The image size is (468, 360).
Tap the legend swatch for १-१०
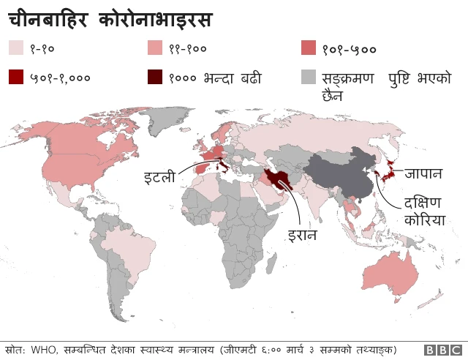tap(16, 48)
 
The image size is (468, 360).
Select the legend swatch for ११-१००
tap(156, 48)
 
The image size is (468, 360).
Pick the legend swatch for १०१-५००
tap(309, 48)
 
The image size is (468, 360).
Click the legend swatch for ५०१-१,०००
tap(16, 77)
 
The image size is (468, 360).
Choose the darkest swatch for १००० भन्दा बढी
tap(156, 77)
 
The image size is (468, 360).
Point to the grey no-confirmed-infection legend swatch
tap(309, 77)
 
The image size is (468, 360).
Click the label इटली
tap(160, 176)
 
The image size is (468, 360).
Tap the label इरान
tap(302, 236)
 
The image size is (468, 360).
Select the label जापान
tap(423, 174)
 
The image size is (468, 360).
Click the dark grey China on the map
tap(340, 173)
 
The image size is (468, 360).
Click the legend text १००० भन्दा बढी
tap(214, 77)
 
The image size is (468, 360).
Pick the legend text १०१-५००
tap(349, 49)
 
